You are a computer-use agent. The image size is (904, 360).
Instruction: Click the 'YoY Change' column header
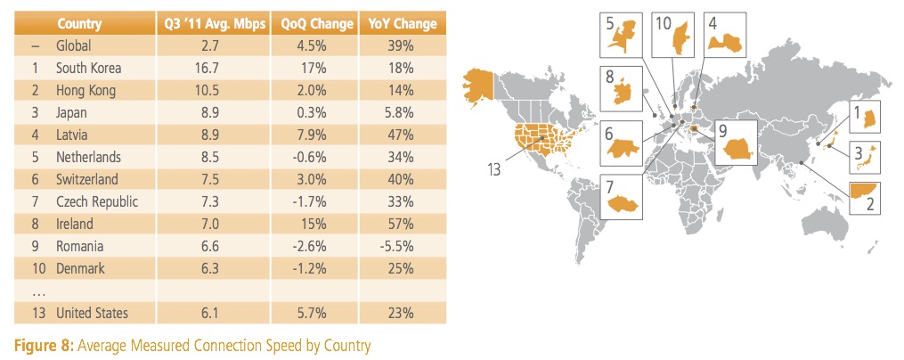[x=403, y=24]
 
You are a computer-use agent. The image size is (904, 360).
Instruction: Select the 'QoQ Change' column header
[x=317, y=24]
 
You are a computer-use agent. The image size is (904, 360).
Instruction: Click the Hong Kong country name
[x=86, y=91]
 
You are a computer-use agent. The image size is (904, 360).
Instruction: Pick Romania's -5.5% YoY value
[x=396, y=246]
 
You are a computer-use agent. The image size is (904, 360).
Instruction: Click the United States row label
[x=93, y=314]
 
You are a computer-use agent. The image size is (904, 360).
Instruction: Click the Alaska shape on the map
[x=479, y=86]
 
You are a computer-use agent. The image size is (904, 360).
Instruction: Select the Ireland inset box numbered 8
[x=622, y=89]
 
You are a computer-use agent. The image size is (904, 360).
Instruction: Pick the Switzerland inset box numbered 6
[x=622, y=143]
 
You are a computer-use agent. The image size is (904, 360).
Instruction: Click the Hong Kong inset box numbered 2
[x=864, y=197]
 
